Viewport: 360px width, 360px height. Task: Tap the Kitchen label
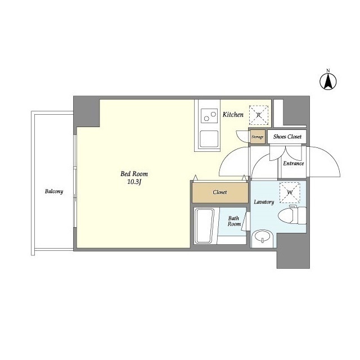(x=233, y=115)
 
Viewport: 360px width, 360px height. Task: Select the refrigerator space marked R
(x=259, y=115)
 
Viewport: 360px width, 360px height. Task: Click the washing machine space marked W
(x=290, y=192)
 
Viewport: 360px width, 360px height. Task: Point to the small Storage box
(x=258, y=137)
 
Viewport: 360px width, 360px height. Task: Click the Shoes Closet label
(x=287, y=137)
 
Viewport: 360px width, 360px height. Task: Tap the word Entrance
(x=294, y=164)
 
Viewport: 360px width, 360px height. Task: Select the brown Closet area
(x=220, y=193)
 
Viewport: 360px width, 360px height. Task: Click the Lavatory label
(x=264, y=202)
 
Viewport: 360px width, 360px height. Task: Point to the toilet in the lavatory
(x=292, y=215)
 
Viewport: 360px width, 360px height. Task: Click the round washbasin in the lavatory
(x=262, y=238)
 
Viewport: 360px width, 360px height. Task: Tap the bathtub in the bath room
(x=204, y=226)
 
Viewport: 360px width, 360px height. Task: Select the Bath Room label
(x=234, y=221)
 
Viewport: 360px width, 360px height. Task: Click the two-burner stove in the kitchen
(x=209, y=116)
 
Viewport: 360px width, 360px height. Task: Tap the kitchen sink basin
(x=209, y=139)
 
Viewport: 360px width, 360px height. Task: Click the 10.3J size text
(x=134, y=182)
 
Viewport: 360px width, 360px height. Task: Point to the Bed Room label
(x=134, y=174)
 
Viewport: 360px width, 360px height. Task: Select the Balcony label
(x=54, y=191)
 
